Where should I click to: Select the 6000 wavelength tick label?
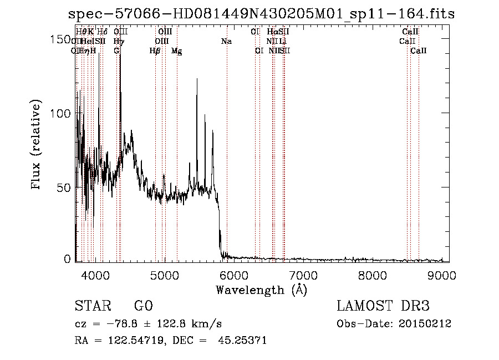[x=234, y=274]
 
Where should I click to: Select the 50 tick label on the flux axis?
[x=62, y=187]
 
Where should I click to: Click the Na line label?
[x=226, y=41]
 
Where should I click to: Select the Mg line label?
[x=176, y=51]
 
